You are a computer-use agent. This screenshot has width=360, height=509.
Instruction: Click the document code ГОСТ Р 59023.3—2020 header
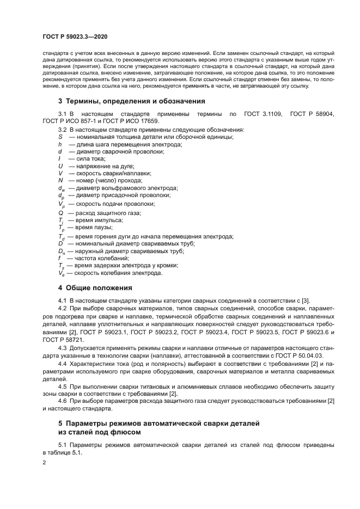pos(74,36)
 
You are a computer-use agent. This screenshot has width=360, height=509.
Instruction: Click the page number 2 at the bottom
pos(44,462)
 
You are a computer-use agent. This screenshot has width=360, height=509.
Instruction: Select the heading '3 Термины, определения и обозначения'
pos(131,101)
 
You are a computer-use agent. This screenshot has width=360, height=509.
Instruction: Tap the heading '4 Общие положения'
pos(97,287)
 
